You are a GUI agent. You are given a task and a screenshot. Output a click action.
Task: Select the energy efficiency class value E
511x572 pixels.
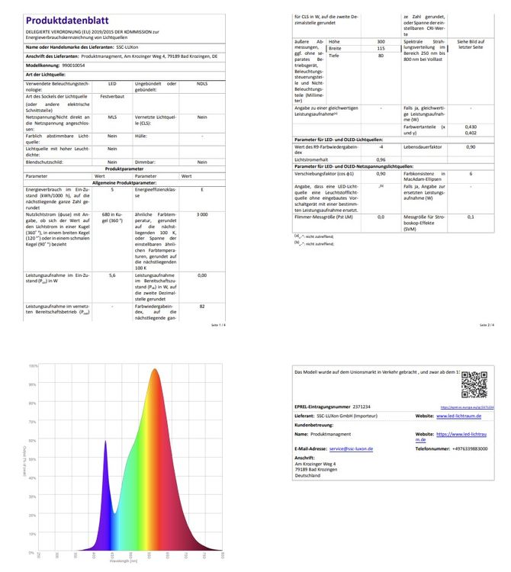(201, 189)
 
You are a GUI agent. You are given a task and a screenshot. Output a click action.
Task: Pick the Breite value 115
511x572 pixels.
(380, 48)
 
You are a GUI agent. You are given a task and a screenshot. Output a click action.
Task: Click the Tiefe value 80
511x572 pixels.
(380, 56)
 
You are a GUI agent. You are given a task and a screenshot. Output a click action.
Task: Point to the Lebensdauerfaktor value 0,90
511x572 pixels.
(471, 146)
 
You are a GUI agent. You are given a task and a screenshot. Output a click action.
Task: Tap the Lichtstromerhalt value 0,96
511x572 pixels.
(380, 159)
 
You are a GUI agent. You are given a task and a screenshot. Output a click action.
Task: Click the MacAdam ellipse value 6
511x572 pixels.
(471, 174)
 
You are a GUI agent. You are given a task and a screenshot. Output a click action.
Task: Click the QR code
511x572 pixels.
(474, 384)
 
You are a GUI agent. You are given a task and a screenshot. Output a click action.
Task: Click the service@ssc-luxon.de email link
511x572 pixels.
(351, 448)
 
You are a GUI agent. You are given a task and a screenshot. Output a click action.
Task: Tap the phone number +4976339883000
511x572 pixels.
(461, 448)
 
